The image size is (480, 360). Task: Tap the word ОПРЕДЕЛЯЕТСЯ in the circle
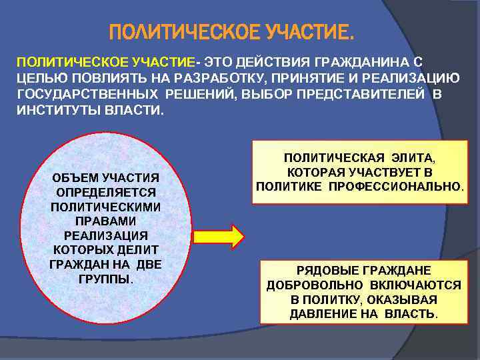[106, 192]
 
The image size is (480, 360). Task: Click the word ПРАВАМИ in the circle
[106, 221]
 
